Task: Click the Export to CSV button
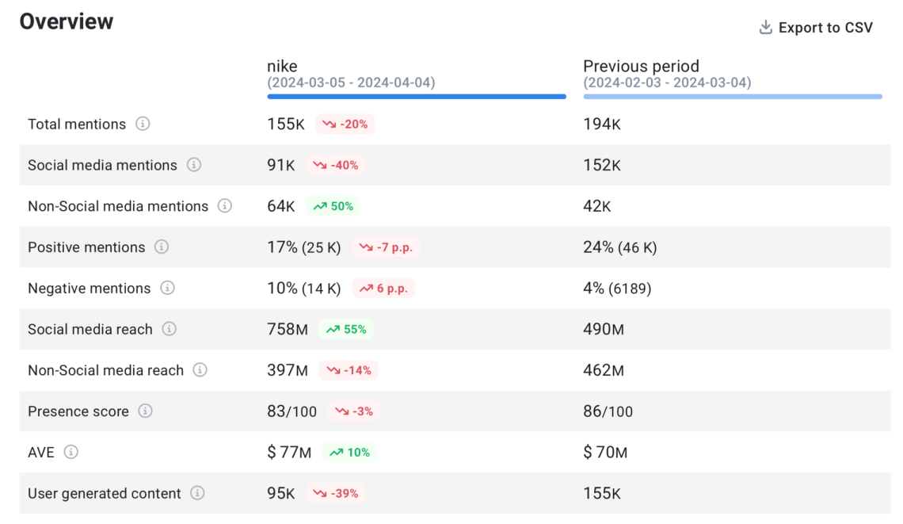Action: pyautogui.click(x=816, y=28)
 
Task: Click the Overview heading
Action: pyautogui.click(x=67, y=21)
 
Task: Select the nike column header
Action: pyautogui.click(x=283, y=67)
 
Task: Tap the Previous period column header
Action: pyautogui.click(x=641, y=67)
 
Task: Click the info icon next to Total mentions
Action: pyautogui.click(x=143, y=124)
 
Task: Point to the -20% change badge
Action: pyautogui.click(x=345, y=124)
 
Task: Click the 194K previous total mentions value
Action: pyautogui.click(x=602, y=124)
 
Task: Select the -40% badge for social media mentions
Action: pyautogui.click(x=335, y=166)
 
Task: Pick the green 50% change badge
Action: pyautogui.click(x=333, y=206)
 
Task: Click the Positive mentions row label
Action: pyautogui.click(x=86, y=247)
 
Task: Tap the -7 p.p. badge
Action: pyautogui.click(x=385, y=247)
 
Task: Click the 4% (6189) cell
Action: pyautogui.click(x=617, y=289)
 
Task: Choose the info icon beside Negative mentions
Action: pyautogui.click(x=167, y=288)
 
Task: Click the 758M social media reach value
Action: pyautogui.click(x=288, y=329)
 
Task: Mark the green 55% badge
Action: pyautogui.click(x=346, y=329)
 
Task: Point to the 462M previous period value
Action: pyautogui.click(x=604, y=370)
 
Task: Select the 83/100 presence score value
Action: pyautogui.click(x=291, y=411)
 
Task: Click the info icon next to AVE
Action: pyautogui.click(x=71, y=452)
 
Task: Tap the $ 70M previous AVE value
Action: pyautogui.click(x=605, y=453)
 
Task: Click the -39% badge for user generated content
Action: pyautogui.click(x=335, y=493)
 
